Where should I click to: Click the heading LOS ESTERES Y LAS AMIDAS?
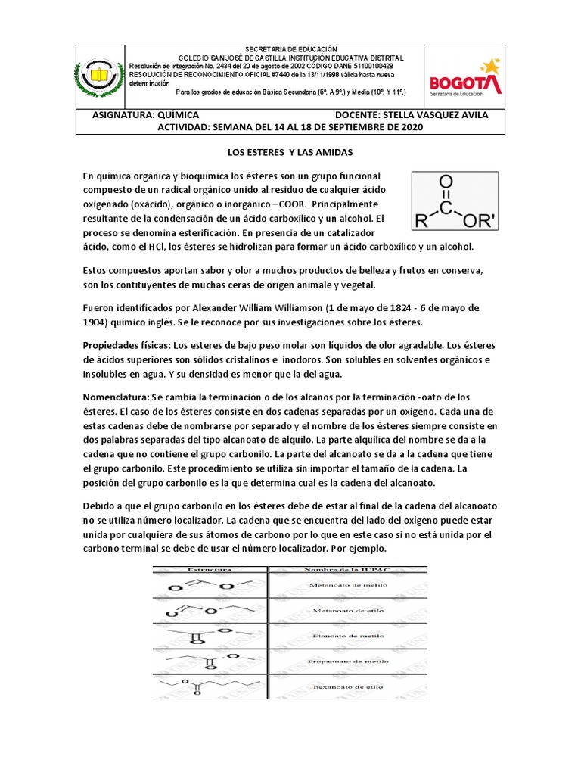(290, 152)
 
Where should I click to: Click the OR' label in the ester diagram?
(479, 221)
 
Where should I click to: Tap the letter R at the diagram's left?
(421, 221)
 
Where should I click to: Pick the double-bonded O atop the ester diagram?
(446, 182)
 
